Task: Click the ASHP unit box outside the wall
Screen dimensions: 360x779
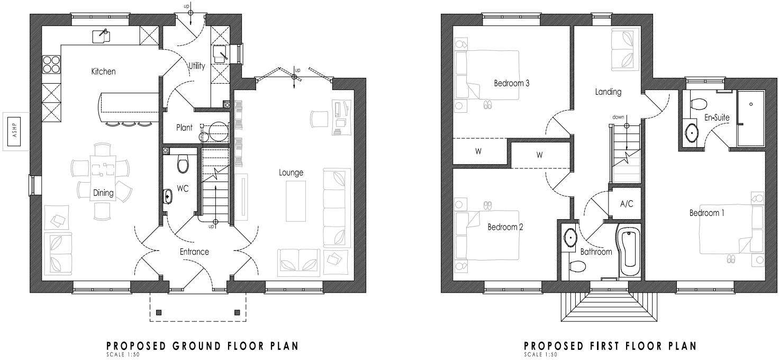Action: (x=15, y=132)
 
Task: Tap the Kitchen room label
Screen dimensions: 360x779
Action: (x=103, y=71)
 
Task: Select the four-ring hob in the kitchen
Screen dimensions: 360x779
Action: (x=52, y=64)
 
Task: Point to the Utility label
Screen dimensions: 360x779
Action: (x=196, y=66)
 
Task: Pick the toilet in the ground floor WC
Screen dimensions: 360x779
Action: (x=183, y=164)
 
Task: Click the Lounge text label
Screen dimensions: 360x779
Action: (x=292, y=173)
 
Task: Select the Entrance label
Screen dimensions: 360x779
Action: (x=194, y=252)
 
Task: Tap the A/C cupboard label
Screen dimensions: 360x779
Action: (x=627, y=203)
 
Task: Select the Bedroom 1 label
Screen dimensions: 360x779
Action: (x=706, y=213)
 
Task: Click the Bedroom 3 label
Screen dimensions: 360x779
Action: (x=512, y=83)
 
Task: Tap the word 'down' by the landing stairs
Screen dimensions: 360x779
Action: (x=619, y=117)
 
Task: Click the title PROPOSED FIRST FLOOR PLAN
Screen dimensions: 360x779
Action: (x=610, y=346)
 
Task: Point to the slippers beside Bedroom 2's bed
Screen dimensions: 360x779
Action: (x=487, y=204)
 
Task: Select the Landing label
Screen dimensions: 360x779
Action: (x=608, y=92)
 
